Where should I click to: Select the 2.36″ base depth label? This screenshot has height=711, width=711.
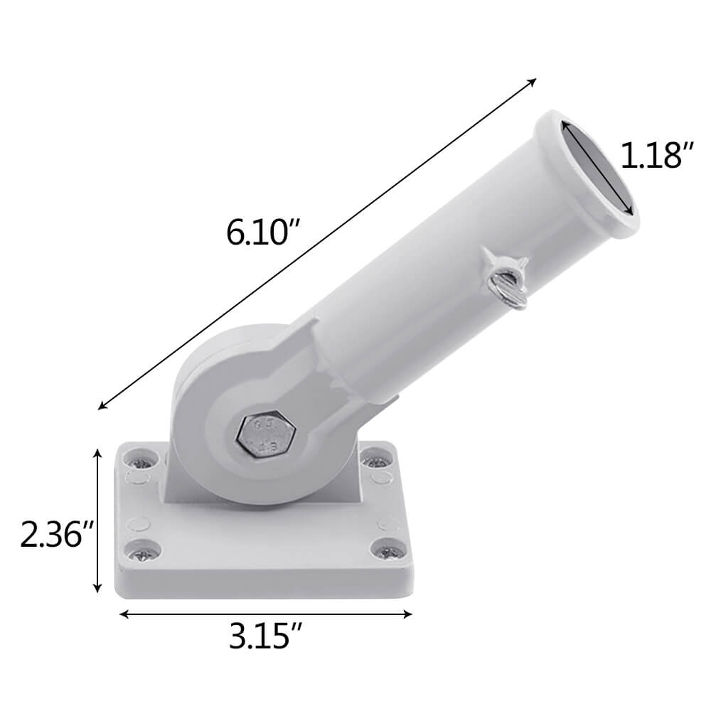pos(57,535)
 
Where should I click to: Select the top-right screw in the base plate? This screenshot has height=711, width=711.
pos(374,461)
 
